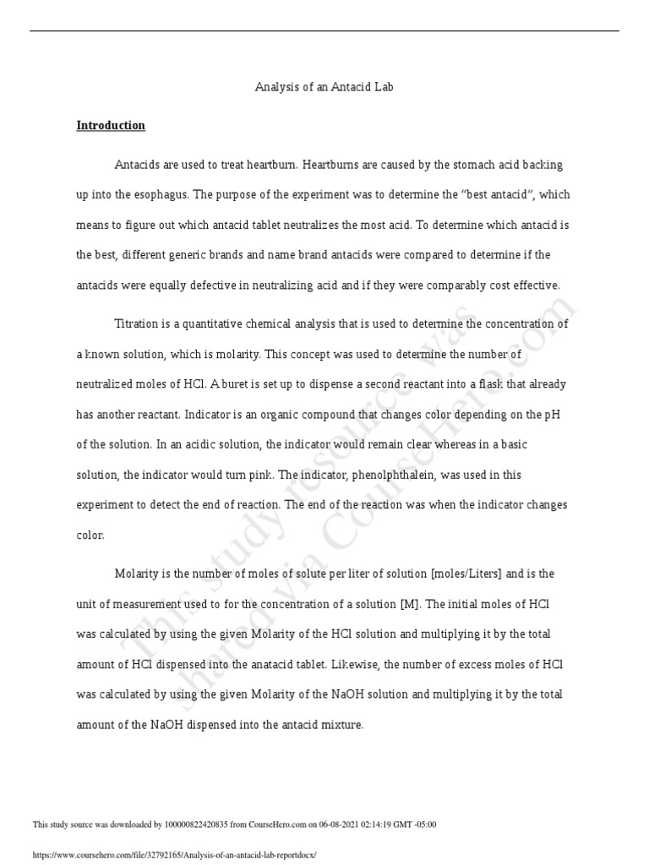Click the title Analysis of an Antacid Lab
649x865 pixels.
tap(324, 87)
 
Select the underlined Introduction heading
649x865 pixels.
tap(111, 126)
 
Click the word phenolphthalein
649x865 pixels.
tap(396, 474)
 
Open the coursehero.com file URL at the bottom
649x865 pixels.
tap(173, 855)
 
